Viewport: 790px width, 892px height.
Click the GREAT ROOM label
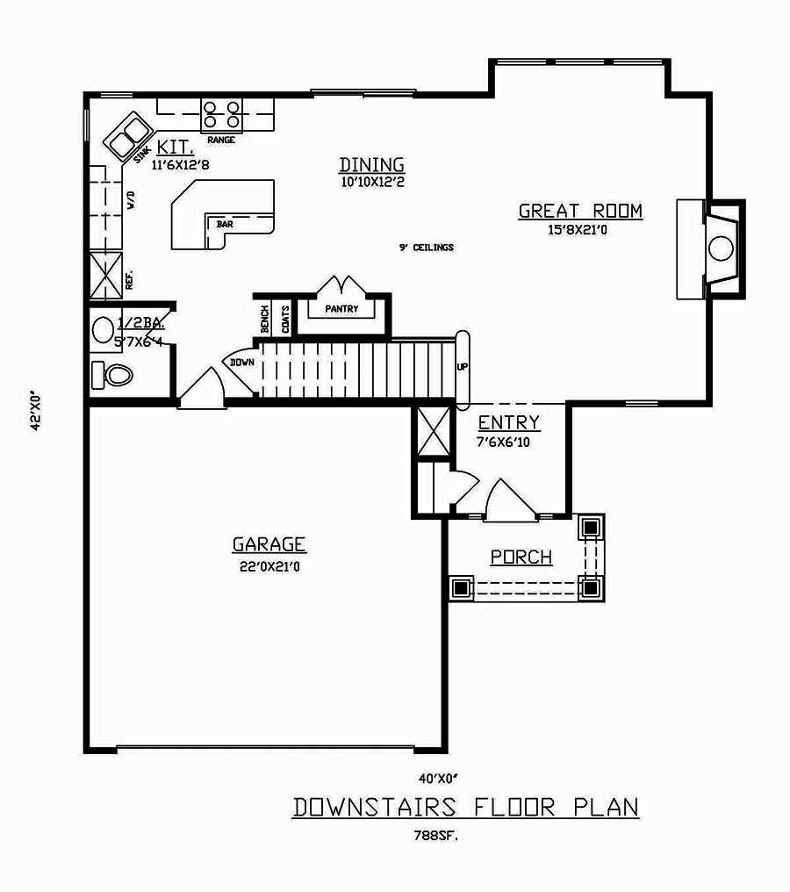(x=580, y=211)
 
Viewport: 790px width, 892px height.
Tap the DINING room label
(x=371, y=165)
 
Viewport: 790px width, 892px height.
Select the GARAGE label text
(x=269, y=544)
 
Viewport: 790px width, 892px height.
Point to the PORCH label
(x=521, y=557)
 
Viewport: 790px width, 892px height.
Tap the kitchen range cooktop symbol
(x=222, y=115)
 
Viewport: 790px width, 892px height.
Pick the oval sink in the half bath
(x=103, y=330)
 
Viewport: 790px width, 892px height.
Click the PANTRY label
(x=341, y=309)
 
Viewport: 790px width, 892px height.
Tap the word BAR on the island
(x=225, y=225)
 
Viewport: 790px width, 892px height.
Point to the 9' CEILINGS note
(x=426, y=248)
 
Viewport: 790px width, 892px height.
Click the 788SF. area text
(x=436, y=836)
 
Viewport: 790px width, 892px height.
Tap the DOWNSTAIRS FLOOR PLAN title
(x=465, y=807)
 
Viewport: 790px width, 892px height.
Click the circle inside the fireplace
(x=721, y=248)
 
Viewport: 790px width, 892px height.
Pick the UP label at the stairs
(x=462, y=366)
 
